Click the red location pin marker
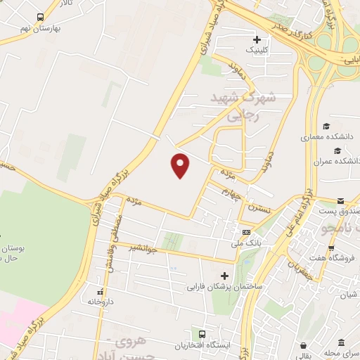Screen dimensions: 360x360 coord(181,165)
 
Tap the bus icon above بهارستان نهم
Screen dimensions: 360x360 coord(39,17)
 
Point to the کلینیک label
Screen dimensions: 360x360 coord(256,51)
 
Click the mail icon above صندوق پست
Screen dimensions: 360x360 coord(341,200)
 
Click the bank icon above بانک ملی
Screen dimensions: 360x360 coord(245,233)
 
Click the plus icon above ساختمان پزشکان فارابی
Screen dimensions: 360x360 coord(224,276)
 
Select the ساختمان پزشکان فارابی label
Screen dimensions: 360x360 coord(224,287)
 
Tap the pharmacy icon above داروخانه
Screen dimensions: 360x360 coord(100,290)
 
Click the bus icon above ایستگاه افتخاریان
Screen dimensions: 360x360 coord(202,334)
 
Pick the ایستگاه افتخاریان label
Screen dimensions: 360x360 coord(202,346)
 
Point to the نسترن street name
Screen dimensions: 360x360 coord(254,209)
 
